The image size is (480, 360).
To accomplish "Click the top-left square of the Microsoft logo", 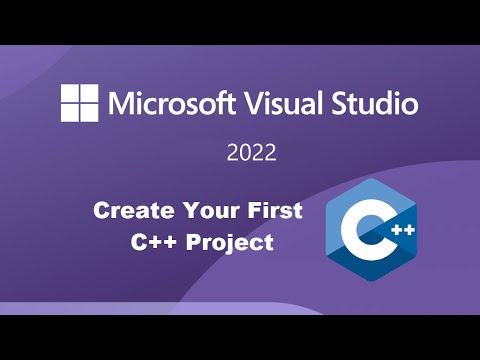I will pyautogui.click(x=70, y=93).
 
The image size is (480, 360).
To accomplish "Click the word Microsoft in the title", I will pyautogui.click(x=167, y=102).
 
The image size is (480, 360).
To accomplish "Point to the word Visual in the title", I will pyautogui.click(x=283, y=102).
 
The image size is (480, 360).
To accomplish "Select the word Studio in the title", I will pyautogui.click(x=375, y=102).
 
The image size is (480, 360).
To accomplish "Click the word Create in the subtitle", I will pyautogui.click(x=126, y=211).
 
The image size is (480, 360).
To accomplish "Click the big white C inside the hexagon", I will pyautogui.click(x=361, y=231).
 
